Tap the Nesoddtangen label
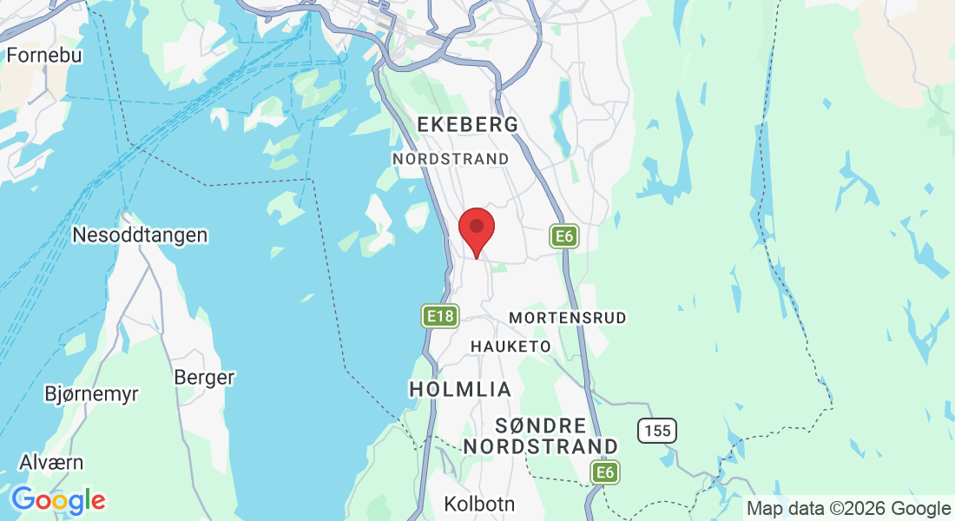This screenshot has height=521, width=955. coord(140,235)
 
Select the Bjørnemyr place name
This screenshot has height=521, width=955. coord(91,394)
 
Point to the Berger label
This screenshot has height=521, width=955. coord(204,378)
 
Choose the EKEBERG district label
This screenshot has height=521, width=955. coord(468,125)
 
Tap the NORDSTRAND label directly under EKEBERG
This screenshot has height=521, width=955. coord(451,159)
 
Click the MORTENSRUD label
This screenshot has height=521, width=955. coord(567,318)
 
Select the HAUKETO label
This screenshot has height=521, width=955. coord(510,346)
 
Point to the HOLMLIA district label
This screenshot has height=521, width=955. coord(460,389)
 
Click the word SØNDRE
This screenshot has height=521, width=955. coord(540,425)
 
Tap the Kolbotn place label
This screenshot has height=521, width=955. coord(479,504)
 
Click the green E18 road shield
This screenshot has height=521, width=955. coord(440,316)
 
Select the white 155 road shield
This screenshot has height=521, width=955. coord(656,430)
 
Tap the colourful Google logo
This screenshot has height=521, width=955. coord(58,500)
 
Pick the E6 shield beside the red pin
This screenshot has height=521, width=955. coord(564,236)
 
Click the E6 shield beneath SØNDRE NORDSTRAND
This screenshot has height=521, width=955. coord(605,472)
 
